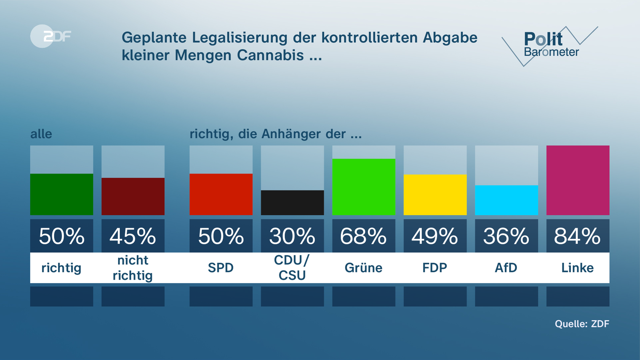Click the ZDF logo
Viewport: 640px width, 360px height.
51,36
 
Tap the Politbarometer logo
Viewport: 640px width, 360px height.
550,45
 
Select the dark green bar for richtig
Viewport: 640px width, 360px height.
62,194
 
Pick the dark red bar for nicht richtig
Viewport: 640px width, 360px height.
133,196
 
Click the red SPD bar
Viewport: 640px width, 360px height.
221,194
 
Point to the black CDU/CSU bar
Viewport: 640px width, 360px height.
292,203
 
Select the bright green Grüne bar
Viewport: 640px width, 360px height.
364,187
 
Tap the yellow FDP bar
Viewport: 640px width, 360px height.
435,195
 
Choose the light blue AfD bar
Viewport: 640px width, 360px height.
506,200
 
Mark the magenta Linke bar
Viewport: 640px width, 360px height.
578,180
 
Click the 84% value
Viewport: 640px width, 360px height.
577,236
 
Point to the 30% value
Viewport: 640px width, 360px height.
292,236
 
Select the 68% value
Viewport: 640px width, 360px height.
363,236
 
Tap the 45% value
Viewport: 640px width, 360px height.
133,236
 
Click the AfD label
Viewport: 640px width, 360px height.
506,268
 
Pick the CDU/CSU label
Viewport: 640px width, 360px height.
292,268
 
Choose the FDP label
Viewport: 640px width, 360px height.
435,268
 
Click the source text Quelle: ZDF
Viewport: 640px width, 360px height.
582,324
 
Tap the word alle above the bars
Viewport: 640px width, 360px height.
41,134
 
